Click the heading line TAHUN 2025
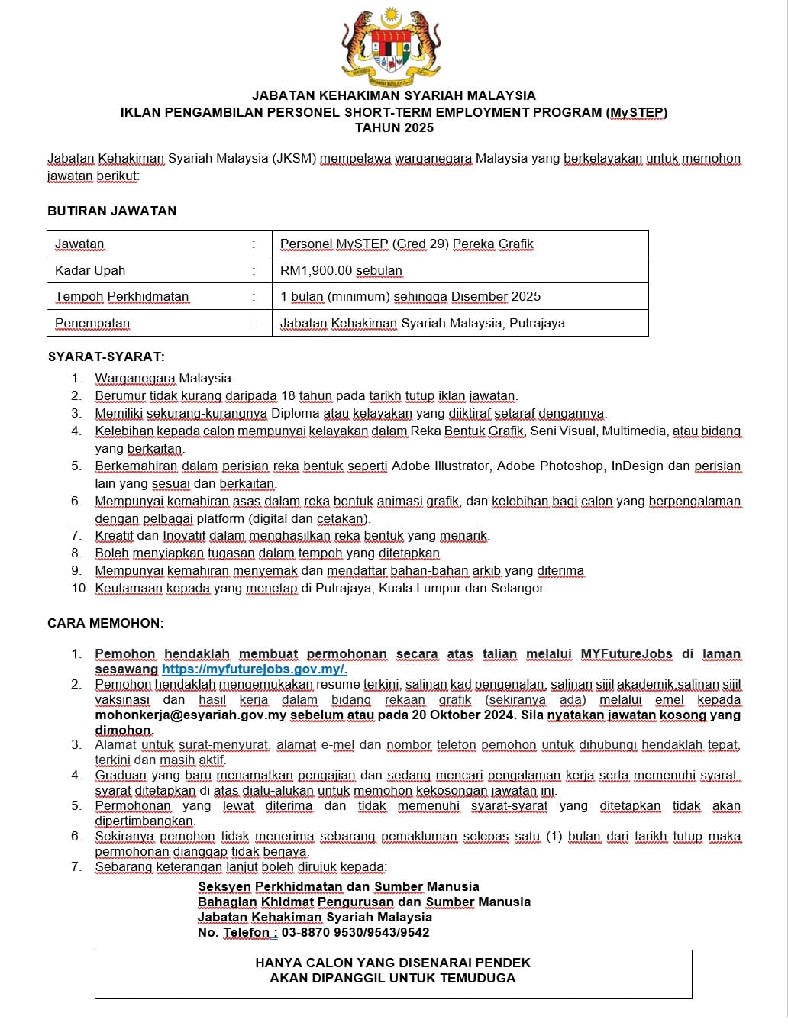(x=394, y=128)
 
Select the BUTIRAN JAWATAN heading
(x=111, y=211)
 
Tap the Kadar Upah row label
(x=90, y=270)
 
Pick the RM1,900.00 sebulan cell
(x=341, y=270)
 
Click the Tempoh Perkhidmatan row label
(x=121, y=296)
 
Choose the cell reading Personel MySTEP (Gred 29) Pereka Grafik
(x=406, y=244)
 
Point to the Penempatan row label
(x=92, y=323)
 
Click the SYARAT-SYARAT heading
(x=106, y=357)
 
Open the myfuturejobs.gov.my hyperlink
(x=254, y=669)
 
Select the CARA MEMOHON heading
(x=105, y=623)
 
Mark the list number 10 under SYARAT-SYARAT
(x=79, y=588)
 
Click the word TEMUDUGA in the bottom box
(x=478, y=978)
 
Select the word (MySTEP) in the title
(x=637, y=112)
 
